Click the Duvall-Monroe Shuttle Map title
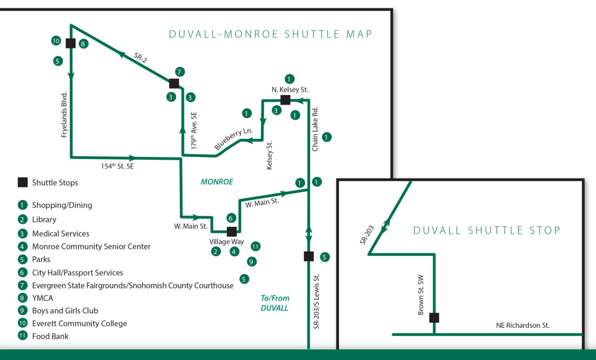click(x=271, y=34)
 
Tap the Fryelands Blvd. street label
click(x=65, y=115)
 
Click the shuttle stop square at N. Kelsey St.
click(x=285, y=100)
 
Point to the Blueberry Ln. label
click(x=229, y=139)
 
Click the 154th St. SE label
click(x=117, y=166)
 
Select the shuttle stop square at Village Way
click(x=231, y=231)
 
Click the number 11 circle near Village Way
click(x=255, y=246)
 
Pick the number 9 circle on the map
click(x=251, y=262)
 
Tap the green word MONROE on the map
click(x=217, y=182)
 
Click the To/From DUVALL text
click(x=275, y=303)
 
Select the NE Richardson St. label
click(x=523, y=326)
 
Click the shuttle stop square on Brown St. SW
click(x=434, y=318)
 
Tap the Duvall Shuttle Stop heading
click(x=487, y=230)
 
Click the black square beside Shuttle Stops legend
click(x=22, y=183)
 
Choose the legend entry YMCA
click(x=42, y=298)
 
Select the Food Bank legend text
click(x=50, y=336)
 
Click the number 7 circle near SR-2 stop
click(x=180, y=72)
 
